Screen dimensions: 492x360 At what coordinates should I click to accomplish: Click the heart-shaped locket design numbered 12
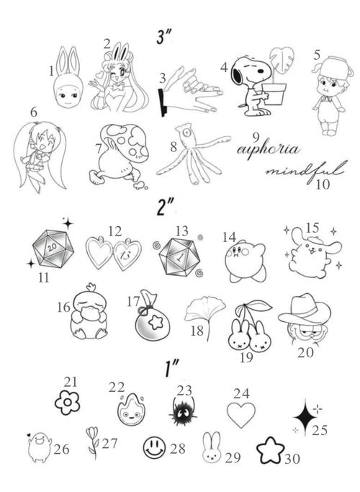(x=114, y=254)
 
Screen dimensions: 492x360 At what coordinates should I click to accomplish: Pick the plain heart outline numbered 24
(x=241, y=415)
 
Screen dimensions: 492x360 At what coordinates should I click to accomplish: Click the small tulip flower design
(x=91, y=442)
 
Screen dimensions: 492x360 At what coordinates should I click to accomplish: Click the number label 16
(x=63, y=308)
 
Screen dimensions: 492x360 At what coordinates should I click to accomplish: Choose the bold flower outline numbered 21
(x=69, y=401)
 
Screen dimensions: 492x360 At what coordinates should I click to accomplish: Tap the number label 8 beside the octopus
(x=173, y=146)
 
